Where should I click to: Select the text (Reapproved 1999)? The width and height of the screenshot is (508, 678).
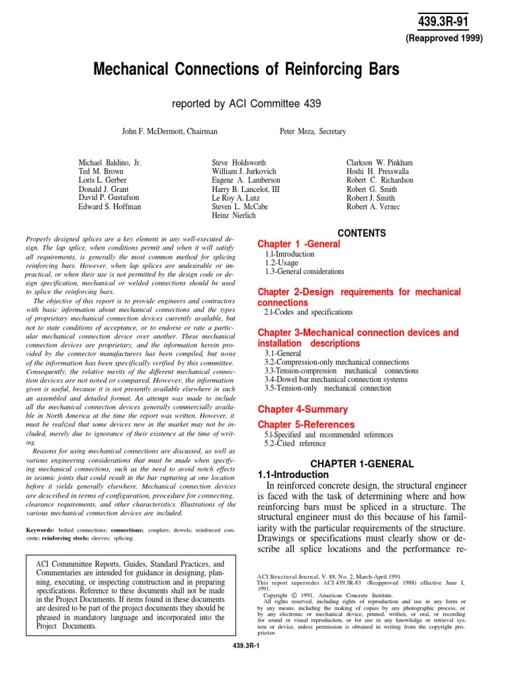pyautogui.click(x=444, y=38)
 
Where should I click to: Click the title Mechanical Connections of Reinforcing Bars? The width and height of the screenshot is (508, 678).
pyautogui.click(x=253, y=70)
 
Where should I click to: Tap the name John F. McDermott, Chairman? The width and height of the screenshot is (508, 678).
pyautogui.click(x=169, y=132)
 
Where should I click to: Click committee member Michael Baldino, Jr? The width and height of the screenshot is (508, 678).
pyautogui.click(x=109, y=162)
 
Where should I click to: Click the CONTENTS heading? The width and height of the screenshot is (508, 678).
pyautogui.click(x=362, y=233)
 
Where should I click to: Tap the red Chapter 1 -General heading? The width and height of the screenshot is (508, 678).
pyautogui.click(x=298, y=244)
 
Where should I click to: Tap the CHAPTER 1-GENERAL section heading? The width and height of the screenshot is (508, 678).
pyautogui.click(x=362, y=463)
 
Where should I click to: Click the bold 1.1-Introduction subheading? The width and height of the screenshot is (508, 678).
pyautogui.click(x=292, y=475)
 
